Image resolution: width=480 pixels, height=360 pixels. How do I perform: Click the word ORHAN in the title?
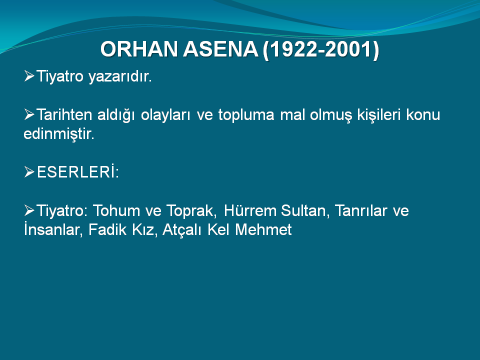[x=139, y=49]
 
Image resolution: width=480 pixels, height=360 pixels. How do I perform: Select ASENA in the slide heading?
[x=220, y=49]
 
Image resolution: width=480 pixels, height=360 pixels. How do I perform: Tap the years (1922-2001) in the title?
[x=321, y=49]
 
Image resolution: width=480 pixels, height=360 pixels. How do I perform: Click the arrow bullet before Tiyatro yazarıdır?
[x=29, y=76]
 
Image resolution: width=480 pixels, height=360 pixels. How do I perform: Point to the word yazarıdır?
[x=120, y=77]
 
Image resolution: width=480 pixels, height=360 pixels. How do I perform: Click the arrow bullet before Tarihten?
[x=29, y=114]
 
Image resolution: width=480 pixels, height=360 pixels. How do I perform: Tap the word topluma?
[x=246, y=115]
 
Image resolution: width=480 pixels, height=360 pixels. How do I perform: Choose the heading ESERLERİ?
[x=78, y=171]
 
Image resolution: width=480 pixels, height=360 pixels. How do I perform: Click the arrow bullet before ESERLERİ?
[x=29, y=172]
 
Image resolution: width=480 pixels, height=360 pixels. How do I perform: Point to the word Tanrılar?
[x=361, y=210]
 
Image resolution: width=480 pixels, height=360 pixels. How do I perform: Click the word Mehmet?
[x=263, y=230]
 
